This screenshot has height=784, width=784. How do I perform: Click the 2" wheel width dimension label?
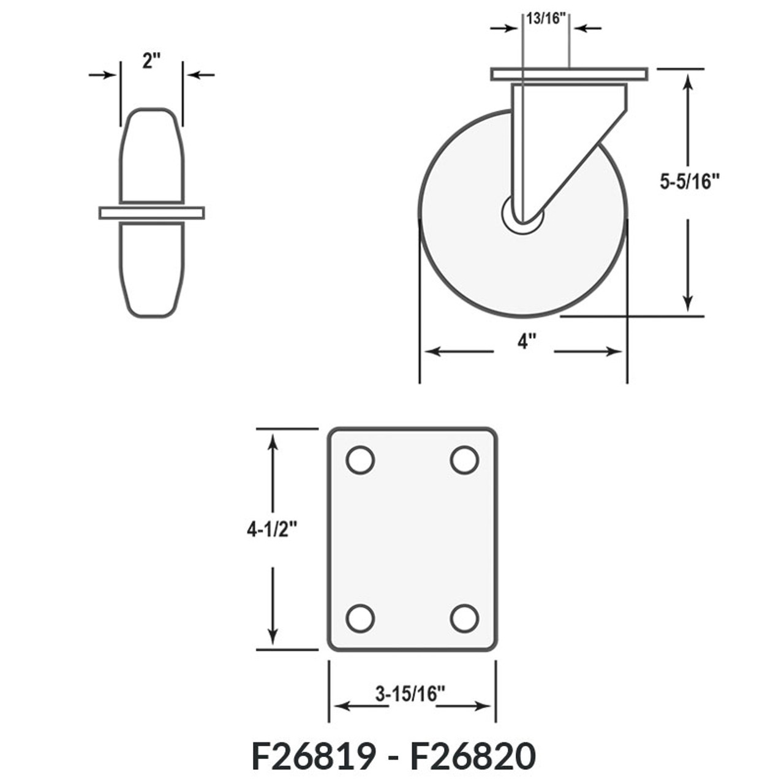151,61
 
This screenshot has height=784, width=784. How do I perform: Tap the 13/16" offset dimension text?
545,18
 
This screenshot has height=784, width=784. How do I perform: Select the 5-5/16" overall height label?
689,182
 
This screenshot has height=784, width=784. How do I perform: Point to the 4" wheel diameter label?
523,342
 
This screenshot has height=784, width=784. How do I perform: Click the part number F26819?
313,756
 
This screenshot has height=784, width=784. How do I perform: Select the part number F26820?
473,756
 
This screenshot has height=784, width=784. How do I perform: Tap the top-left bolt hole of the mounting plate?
360,460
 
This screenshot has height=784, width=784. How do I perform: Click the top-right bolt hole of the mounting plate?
464,460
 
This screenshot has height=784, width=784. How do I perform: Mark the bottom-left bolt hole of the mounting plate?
360,618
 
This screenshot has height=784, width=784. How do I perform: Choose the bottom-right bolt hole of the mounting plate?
464,618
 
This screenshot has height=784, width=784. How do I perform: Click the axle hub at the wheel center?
522,215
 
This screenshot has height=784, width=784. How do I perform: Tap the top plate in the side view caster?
569,74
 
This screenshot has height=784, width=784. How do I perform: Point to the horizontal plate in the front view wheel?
152,213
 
